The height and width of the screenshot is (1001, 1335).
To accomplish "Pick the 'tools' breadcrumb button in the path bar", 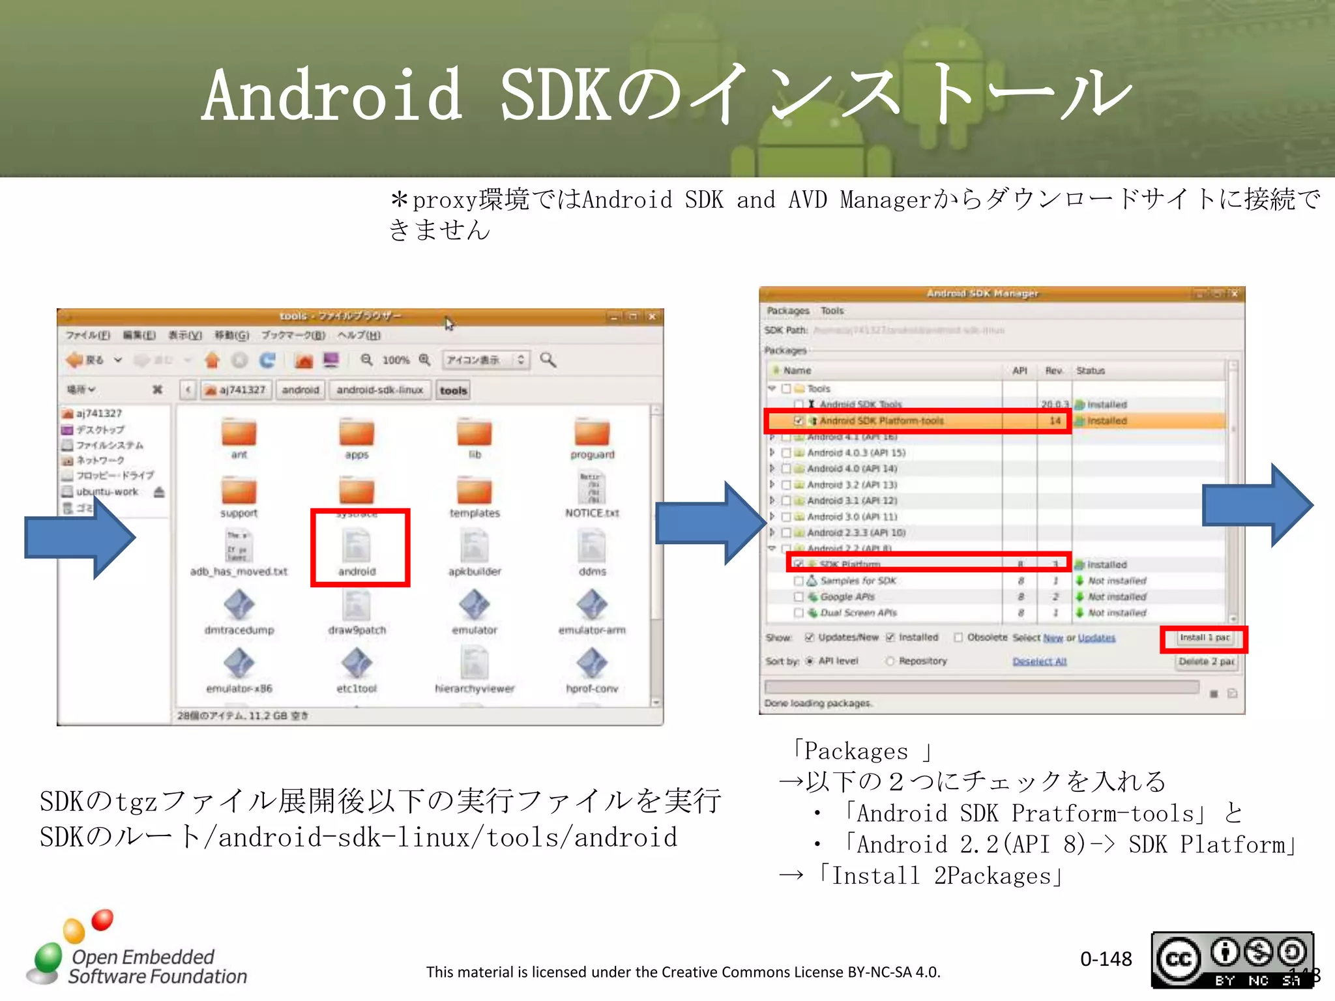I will [x=453, y=390].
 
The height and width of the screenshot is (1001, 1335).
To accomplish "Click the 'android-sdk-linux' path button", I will [x=380, y=390].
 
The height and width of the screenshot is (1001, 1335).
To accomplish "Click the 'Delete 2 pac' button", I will [x=1206, y=661].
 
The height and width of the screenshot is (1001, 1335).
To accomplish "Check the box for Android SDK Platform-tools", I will [x=799, y=421].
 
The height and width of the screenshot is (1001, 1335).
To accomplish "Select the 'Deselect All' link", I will [x=1039, y=661].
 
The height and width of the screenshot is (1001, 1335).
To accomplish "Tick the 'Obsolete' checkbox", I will [x=958, y=637].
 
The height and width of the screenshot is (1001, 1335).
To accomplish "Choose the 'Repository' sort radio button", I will [x=890, y=661].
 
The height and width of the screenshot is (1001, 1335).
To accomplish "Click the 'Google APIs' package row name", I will [x=847, y=597].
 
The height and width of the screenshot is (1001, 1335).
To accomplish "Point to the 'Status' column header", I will [x=1091, y=371].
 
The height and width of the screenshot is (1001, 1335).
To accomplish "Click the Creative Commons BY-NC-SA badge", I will [x=1232, y=960].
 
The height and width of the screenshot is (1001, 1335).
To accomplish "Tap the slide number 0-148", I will [x=1106, y=959].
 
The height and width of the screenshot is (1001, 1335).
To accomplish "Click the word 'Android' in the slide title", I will [x=332, y=96].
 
